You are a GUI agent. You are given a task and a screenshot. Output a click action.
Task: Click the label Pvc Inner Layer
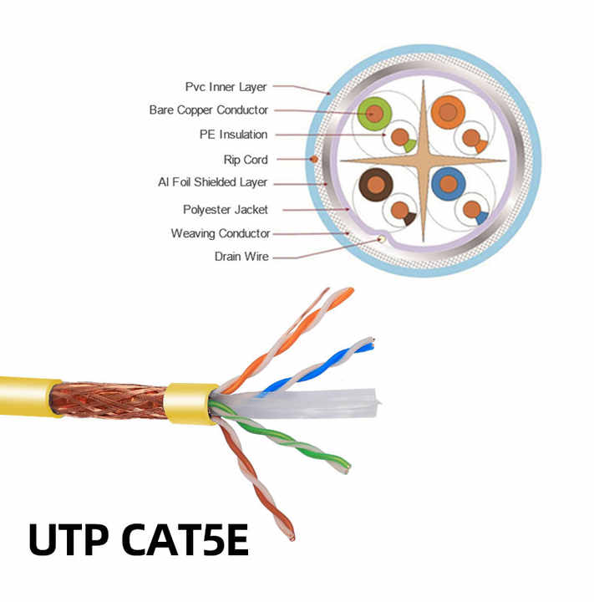226,87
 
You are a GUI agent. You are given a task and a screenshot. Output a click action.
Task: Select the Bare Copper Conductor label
208,110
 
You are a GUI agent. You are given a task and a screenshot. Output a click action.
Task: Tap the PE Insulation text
233,135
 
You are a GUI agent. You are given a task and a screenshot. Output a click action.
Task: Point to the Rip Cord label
246,160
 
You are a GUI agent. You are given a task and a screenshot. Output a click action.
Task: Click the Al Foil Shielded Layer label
212,182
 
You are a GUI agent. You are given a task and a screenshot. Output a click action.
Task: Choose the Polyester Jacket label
226,210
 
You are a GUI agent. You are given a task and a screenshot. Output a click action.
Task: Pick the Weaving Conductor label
221,233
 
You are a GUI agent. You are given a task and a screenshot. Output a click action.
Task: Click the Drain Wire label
241,257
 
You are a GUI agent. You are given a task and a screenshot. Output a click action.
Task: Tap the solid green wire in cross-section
374,113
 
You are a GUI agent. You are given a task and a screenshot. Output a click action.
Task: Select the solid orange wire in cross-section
448,112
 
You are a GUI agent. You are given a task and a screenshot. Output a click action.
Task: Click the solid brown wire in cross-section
376,185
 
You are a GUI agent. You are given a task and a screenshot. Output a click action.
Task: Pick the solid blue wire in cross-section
448,183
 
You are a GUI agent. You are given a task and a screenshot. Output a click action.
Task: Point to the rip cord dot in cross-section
314,159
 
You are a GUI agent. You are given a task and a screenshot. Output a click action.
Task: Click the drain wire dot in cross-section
381,239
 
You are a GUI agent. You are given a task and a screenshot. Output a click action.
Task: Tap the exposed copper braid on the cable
109,401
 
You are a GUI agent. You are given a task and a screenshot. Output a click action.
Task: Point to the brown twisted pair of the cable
255,476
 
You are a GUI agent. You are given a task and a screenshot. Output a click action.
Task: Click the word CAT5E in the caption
185,539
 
